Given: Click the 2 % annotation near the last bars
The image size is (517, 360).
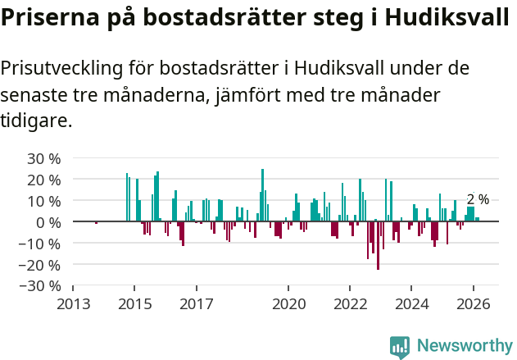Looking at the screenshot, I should tap(478, 199).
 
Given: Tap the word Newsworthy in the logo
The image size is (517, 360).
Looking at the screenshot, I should tap(464, 346).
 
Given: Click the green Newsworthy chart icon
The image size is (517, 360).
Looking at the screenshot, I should tap(400, 347).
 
